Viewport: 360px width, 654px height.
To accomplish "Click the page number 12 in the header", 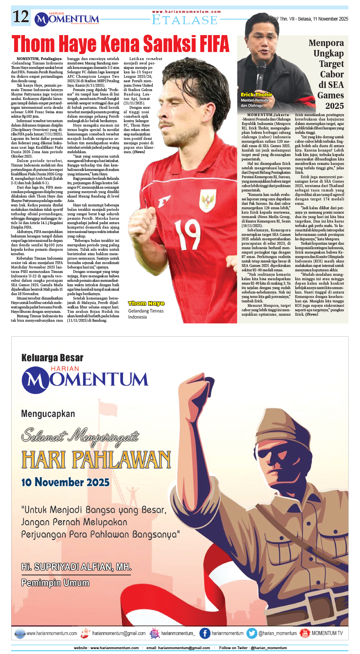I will (x=21, y=17).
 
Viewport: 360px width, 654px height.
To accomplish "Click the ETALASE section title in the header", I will (x=185, y=20).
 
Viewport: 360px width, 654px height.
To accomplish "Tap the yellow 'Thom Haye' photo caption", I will (x=146, y=303).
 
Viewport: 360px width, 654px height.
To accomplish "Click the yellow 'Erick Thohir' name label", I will (x=256, y=95).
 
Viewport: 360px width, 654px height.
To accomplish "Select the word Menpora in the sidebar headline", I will (x=326, y=43).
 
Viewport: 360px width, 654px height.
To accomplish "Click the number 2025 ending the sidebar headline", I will (x=334, y=106).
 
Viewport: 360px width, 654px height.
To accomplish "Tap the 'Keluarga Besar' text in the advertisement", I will (x=52, y=358).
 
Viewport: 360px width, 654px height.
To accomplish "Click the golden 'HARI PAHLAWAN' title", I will (x=96, y=460).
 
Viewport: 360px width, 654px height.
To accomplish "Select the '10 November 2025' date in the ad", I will (x=65, y=482).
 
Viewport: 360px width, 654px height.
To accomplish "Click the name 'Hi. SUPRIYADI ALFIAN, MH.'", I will (x=76, y=567).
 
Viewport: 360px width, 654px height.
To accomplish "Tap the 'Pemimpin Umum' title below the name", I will (x=55, y=583).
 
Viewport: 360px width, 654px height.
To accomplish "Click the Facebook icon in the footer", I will (x=205, y=633).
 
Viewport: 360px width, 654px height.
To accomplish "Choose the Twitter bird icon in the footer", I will (x=252, y=633).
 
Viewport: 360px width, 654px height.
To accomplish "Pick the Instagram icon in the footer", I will (x=155, y=633).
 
